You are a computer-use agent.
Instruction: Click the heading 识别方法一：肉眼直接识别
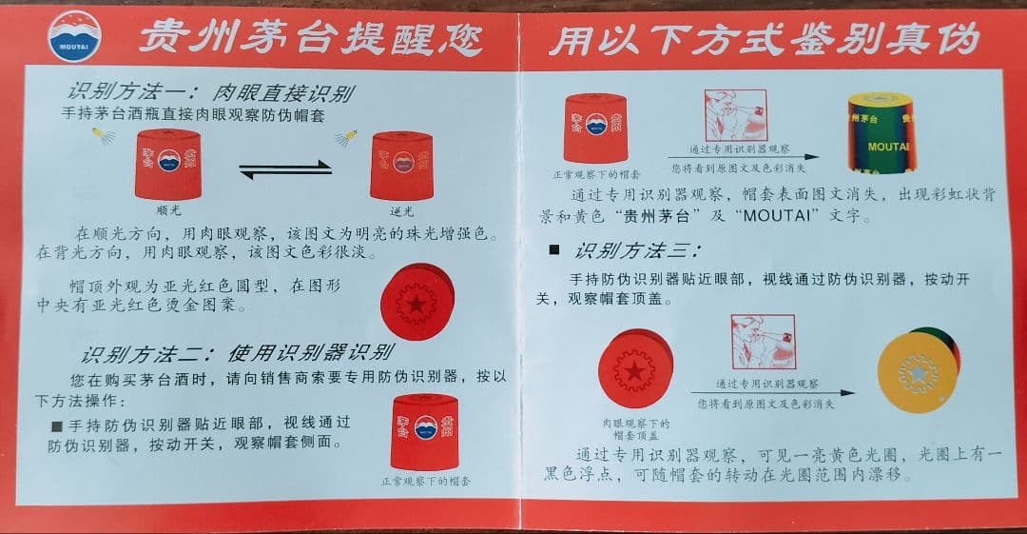[x=210, y=92]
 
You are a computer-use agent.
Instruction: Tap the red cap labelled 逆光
[x=401, y=164]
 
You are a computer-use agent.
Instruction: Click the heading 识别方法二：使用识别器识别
[x=235, y=353]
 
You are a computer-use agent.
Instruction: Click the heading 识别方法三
[x=637, y=252]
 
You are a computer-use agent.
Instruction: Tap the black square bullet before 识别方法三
[x=554, y=252]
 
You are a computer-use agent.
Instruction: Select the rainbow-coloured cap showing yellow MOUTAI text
[x=888, y=139]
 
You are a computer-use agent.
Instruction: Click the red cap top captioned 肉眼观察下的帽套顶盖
[x=634, y=370]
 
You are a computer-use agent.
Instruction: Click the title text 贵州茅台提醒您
[x=311, y=38]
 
